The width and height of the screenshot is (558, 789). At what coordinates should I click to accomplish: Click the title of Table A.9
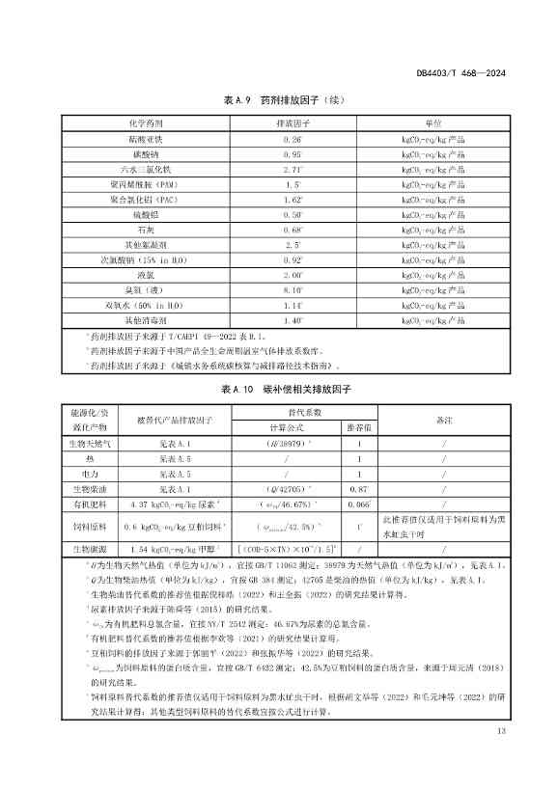[x=277, y=100]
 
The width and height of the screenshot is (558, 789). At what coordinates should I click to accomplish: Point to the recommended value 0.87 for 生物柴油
[x=358, y=488]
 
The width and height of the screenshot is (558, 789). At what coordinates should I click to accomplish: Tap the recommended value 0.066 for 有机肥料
[x=358, y=503]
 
